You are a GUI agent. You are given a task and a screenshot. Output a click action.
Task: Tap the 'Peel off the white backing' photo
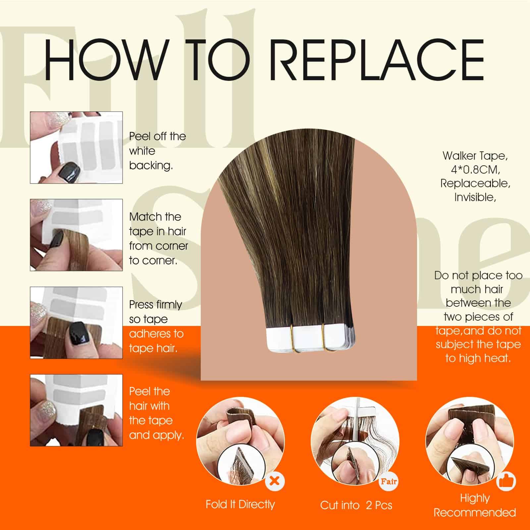77,147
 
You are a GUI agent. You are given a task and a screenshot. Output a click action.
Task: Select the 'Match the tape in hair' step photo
77,235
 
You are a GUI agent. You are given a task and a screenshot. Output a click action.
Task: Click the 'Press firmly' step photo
77,323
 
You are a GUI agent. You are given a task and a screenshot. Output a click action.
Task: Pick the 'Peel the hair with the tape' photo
77,410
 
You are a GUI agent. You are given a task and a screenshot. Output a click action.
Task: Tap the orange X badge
275,481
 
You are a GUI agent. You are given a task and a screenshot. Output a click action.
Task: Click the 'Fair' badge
388,481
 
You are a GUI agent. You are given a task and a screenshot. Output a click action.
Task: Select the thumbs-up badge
506,481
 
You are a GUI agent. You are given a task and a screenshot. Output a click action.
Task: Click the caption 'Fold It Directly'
240,504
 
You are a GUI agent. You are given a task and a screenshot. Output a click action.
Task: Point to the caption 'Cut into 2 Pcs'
356,505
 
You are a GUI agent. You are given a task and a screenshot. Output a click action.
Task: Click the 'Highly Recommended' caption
475,505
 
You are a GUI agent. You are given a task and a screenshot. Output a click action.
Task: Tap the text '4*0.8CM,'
475,170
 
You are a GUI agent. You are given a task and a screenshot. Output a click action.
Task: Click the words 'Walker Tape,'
475,155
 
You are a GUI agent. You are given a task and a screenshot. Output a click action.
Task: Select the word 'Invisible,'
475,197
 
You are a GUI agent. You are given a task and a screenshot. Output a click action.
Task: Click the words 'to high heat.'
478,358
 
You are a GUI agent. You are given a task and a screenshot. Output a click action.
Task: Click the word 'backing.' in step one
151,165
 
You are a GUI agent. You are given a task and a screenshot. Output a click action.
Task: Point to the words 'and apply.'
156,435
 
